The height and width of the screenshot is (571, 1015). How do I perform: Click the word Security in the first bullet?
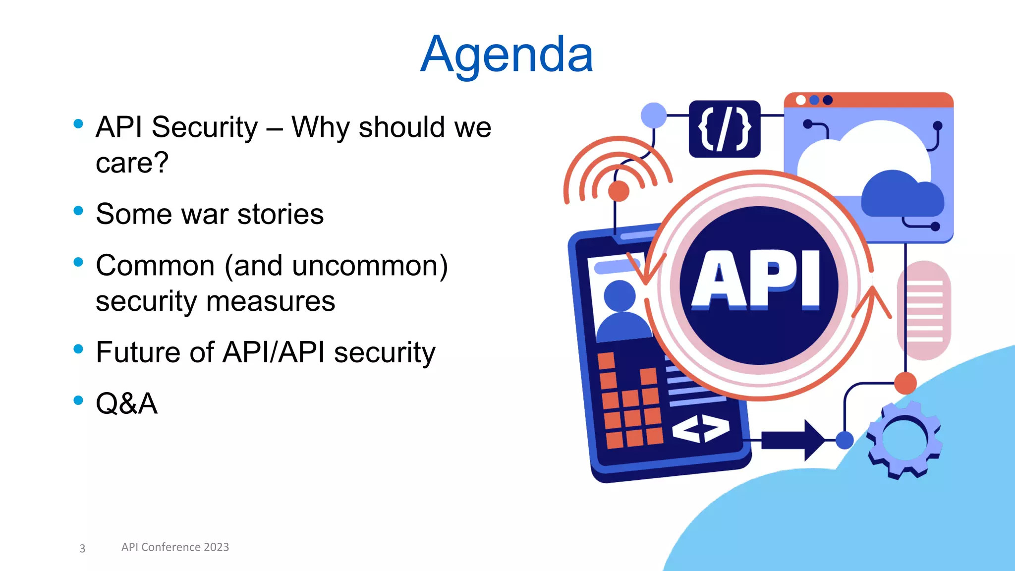205,127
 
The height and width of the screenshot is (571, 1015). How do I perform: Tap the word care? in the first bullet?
132,163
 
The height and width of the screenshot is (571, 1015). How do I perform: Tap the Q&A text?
126,403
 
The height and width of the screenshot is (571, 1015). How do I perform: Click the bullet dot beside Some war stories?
78,211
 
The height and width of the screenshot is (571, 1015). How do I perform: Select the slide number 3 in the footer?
82,548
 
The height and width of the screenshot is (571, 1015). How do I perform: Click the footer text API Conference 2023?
175,547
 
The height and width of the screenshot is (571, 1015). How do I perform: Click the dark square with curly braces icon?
724,129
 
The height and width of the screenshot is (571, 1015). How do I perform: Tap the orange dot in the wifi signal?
619,191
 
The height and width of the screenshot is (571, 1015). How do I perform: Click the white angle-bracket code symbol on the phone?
700,429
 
